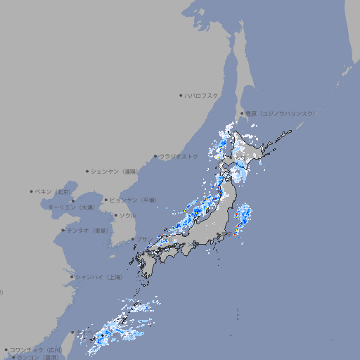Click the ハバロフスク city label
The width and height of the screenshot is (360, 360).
coord(202,95)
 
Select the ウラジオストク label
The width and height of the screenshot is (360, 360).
coord(179,156)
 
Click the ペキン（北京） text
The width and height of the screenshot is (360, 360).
coord(52,191)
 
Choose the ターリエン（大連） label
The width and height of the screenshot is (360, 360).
coord(70,207)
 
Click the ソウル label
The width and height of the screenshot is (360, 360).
coord(127,215)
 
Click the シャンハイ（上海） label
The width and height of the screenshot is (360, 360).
coord(98,277)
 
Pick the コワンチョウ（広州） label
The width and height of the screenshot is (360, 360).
coord(35,349)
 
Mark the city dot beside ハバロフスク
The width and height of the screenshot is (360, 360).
coord(181,95)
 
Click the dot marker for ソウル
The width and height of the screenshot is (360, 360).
coord(115,216)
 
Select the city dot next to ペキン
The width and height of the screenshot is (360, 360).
coord(32,191)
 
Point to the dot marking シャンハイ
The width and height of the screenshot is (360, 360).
coord(72,277)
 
